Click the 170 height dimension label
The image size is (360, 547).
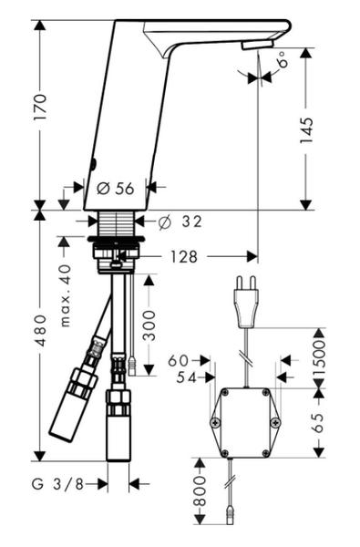(39, 107)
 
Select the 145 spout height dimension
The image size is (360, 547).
(306, 130)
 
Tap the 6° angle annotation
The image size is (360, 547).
(283, 59)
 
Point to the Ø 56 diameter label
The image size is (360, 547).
(116, 189)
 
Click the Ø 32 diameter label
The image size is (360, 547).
(180, 222)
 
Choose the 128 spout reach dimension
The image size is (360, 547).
(184, 257)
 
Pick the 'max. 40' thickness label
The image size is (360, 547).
(66, 295)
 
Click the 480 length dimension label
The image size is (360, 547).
(41, 330)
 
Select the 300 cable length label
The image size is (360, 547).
(149, 325)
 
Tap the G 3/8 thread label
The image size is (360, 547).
(58, 484)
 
